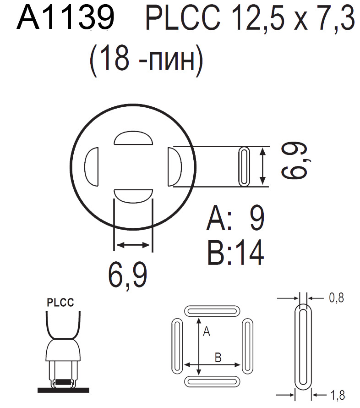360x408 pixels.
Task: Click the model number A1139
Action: pyautogui.click(x=65, y=18)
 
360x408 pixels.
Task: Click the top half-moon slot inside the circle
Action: pyautogui.click(x=132, y=138)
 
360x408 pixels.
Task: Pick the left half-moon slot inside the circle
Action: pyautogui.click(x=92, y=167)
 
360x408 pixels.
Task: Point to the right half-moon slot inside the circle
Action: pyautogui.click(x=175, y=167)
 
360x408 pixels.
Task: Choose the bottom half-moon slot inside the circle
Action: pyautogui.click(x=132, y=195)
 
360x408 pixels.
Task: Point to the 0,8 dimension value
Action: pyautogui.click(x=336, y=298)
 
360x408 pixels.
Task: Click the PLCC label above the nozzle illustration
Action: pyautogui.click(x=60, y=303)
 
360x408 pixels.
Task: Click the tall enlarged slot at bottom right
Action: pyautogui.click(x=303, y=346)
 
